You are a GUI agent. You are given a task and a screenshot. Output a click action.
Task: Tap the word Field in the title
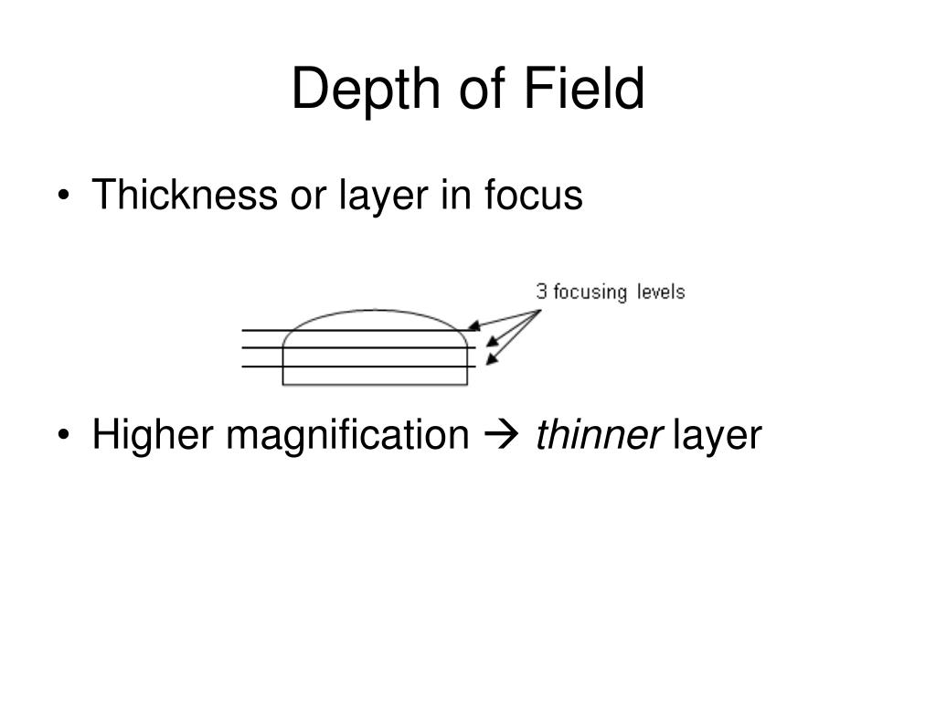[x=584, y=89]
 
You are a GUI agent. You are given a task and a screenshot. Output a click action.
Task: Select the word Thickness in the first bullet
[x=185, y=195]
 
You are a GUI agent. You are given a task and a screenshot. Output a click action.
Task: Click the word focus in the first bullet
[x=533, y=195]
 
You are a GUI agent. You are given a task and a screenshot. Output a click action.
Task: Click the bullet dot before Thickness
[x=63, y=196]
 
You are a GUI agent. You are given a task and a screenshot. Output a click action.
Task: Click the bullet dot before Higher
[x=63, y=434]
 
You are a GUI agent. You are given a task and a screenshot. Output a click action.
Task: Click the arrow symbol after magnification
[x=500, y=435]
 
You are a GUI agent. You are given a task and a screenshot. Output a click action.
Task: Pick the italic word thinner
[x=599, y=434]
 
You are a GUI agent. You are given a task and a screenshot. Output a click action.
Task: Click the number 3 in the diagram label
[x=541, y=292]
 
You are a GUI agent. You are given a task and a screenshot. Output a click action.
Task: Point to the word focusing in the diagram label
[x=590, y=292]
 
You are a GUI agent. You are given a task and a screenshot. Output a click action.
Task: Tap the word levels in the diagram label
[x=660, y=292]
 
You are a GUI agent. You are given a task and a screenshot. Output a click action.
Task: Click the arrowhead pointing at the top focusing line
[x=474, y=325]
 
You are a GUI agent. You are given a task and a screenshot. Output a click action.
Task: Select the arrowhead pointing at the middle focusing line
[x=492, y=341]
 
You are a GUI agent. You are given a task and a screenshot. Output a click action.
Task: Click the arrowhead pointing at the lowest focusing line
[x=492, y=358]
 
